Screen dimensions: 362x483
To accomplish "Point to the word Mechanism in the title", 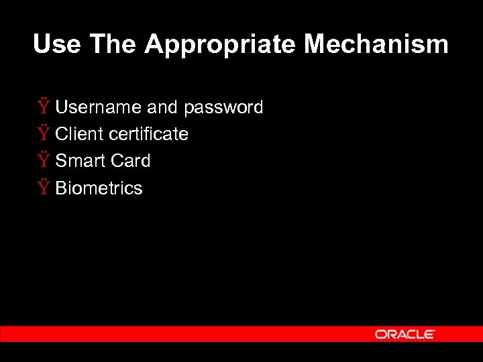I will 376,45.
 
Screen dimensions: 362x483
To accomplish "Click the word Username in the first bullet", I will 99,107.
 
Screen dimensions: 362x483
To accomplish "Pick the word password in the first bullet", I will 223,108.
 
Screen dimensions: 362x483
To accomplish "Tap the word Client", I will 79,134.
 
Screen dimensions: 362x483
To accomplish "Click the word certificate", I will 148,134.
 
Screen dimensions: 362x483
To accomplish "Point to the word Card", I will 130,161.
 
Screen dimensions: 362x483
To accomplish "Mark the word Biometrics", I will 99,188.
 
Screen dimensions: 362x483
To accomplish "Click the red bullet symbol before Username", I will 44,107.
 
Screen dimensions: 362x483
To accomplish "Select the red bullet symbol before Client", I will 44,133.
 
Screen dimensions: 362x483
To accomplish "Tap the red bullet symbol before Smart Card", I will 44,160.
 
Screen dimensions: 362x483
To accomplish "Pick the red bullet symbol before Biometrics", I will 44,188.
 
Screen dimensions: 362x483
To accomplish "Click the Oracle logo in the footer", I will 405,334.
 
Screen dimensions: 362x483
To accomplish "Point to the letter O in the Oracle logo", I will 380,334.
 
